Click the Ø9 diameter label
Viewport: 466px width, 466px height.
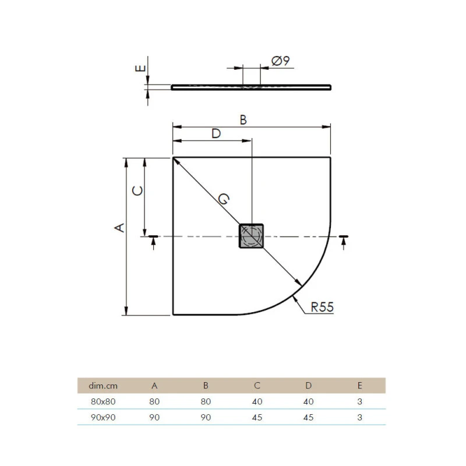(281, 61)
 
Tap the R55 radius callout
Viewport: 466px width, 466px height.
(322, 308)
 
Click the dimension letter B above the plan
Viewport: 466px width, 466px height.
(243, 120)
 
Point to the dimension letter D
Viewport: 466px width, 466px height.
(216, 133)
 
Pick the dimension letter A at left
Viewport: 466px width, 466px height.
(119, 228)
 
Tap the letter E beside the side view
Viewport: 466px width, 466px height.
(139, 68)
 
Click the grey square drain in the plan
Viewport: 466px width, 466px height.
(252, 236)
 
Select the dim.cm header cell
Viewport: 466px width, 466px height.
(103, 385)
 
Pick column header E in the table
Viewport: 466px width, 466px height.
(359, 385)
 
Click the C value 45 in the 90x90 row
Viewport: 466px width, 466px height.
(257, 417)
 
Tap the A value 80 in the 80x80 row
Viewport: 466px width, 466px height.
(154, 401)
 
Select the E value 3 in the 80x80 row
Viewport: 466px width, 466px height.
(359, 401)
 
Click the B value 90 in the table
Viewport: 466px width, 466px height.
(206, 417)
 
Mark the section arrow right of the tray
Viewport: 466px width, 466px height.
(344, 241)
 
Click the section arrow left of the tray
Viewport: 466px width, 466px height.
(153, 241)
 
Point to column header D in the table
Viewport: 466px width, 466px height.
(308, 385)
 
